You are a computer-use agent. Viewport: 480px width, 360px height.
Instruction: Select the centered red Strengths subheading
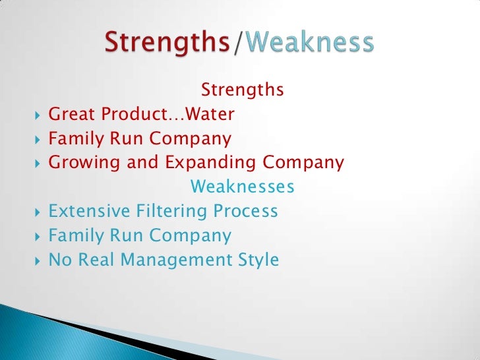(x=242, y=89)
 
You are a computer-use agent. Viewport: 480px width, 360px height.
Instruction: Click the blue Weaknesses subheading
(x=242, y=188)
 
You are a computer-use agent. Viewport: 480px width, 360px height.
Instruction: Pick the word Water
(x=210, y=114)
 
